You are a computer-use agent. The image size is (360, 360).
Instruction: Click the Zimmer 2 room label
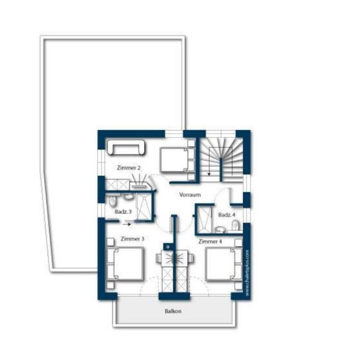(x=128, y=168)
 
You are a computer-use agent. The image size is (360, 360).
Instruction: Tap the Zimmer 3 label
(x=133, y=239)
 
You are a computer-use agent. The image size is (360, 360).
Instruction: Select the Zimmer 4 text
(x=210, y=241)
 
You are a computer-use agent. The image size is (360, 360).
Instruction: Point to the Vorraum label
(x=190, y=195)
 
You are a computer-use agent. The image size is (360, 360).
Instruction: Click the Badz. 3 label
(x=123, y=212)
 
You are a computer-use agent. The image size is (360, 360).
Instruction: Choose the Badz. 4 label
(x=226, y=215)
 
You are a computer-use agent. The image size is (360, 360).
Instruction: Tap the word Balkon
(x=173, y=311)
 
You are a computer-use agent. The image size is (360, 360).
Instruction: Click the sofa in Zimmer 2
(x=126, y=147)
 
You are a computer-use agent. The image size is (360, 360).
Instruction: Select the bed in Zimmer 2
(x=177, y=160)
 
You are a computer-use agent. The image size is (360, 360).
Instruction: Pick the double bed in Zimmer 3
(x=125, y=264)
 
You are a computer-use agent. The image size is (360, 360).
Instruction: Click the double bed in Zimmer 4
(x=224, y=264)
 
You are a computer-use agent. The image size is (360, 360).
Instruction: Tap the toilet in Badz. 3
(x=112, y=202)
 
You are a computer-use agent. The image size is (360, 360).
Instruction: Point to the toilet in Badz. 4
(x=236, y=225)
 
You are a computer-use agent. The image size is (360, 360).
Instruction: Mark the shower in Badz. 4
(x=204, y=218)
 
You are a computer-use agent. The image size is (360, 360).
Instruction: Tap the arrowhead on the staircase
(x=209, y=174)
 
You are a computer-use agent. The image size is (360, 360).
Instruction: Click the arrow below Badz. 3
(x=127, y=225)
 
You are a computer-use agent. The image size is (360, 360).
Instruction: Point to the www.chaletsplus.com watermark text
(x=247, y=273)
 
